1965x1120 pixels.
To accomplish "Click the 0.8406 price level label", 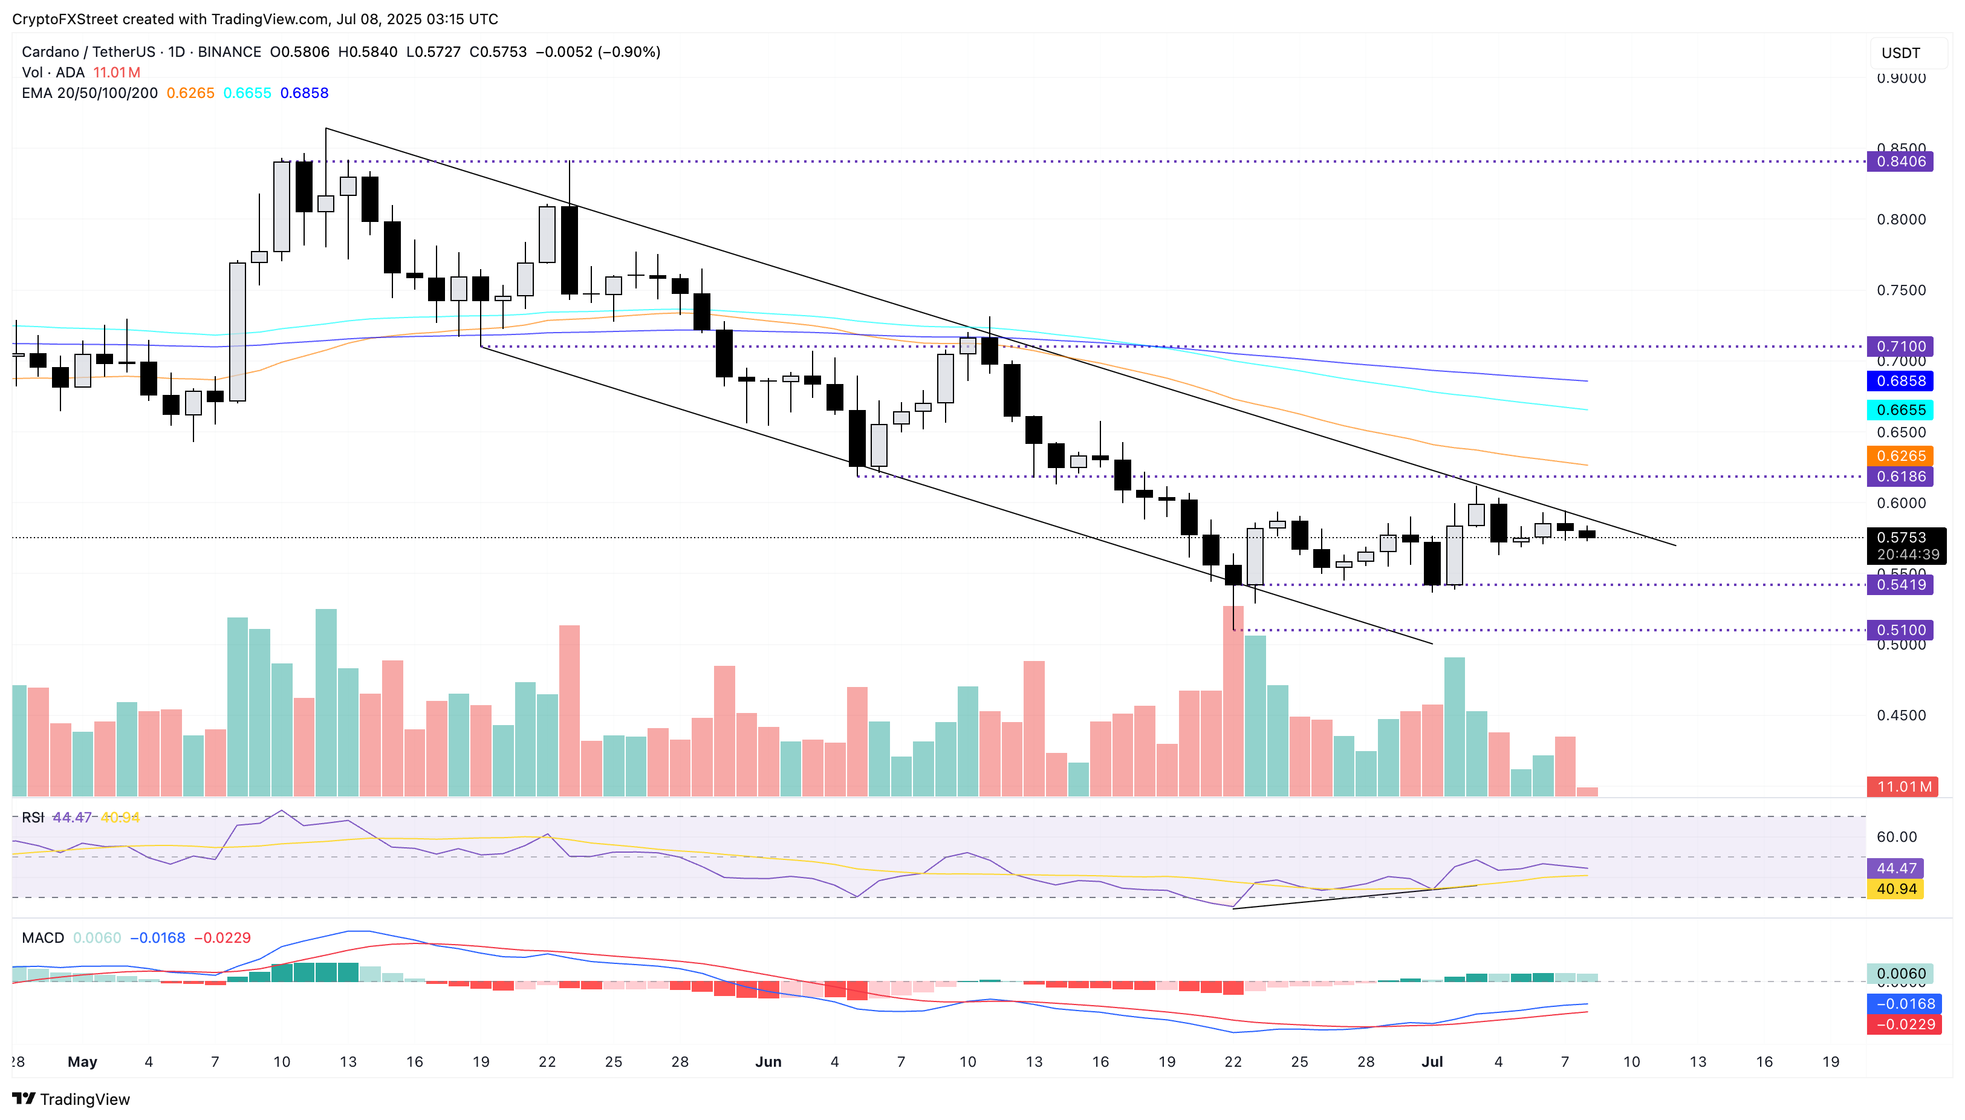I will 1900,161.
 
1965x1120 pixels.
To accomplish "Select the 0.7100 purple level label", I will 1900,347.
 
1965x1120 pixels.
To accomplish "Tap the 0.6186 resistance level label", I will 1900,477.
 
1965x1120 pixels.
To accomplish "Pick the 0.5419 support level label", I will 1900,585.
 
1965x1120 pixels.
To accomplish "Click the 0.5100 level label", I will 1900,630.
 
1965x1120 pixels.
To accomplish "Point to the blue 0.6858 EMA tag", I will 1900,382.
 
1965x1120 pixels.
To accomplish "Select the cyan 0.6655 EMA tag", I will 1900,410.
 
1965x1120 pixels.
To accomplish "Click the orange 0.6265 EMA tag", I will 1900,456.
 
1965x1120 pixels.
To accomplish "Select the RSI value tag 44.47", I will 1896,868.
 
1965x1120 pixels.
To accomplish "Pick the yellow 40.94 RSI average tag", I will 1896,889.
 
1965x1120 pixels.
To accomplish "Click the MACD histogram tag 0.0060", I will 1900,974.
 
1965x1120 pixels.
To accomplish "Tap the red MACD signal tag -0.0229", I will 1903,1024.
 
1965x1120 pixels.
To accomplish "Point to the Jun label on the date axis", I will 767,1063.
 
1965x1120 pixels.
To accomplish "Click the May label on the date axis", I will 82,1063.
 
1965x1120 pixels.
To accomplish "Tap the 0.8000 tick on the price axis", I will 1900,220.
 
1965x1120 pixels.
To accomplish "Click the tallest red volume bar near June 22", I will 1233,700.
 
